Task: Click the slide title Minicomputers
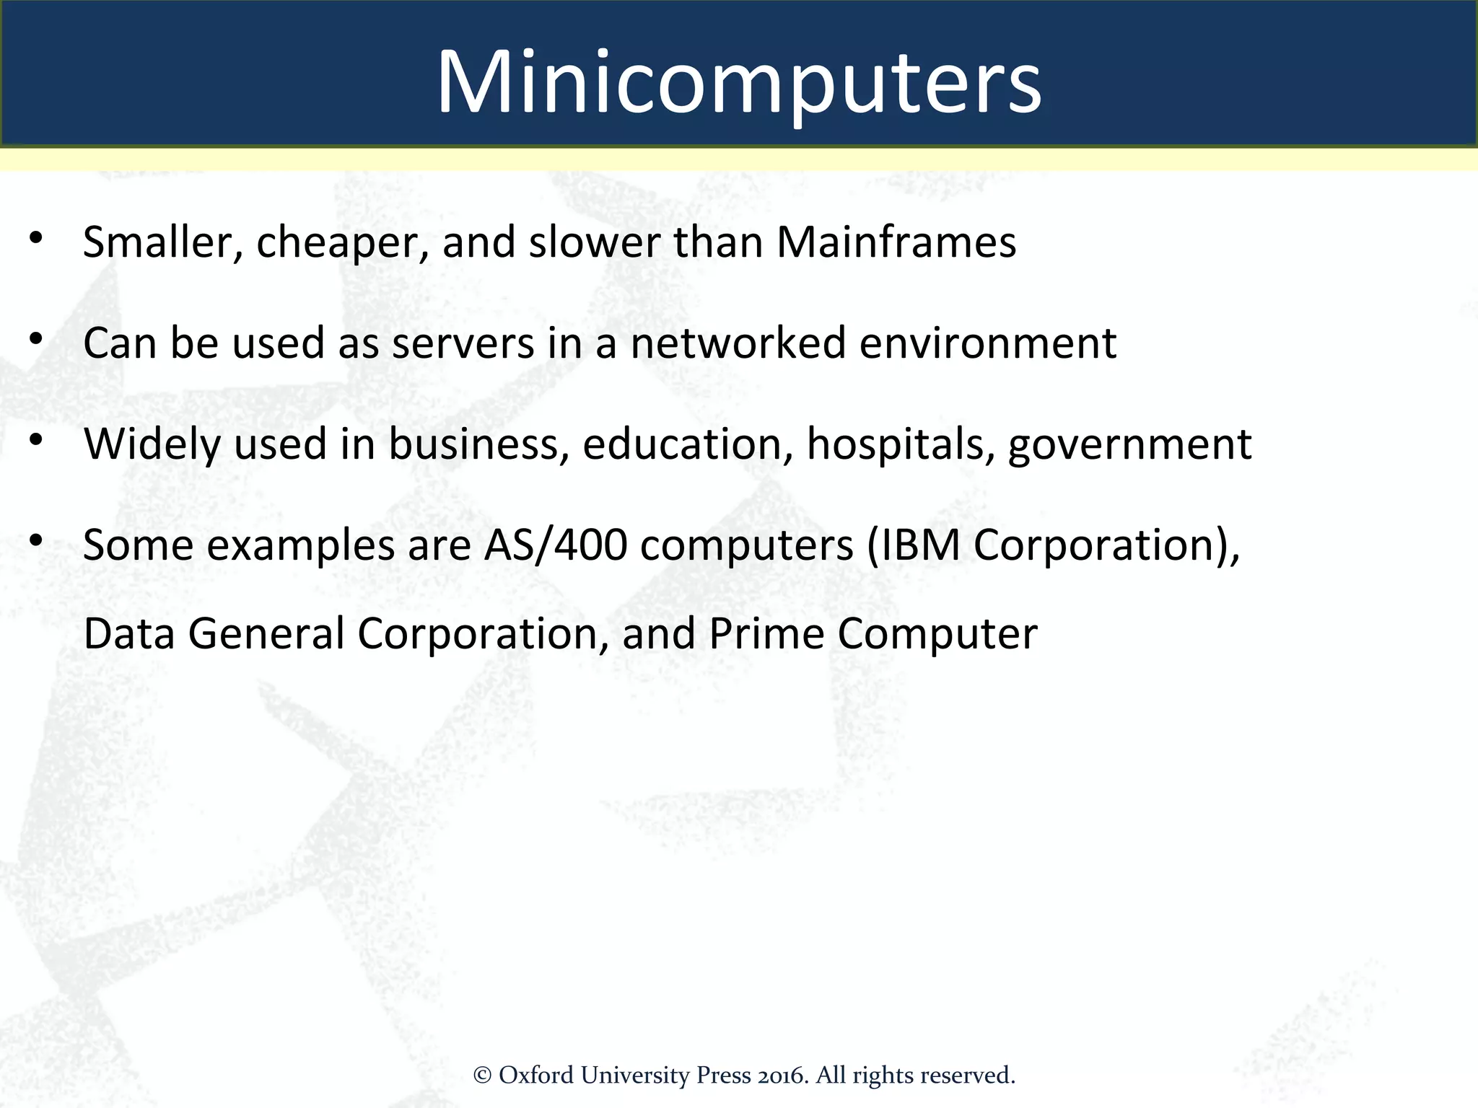[739, 82]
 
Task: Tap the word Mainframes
[896, 242]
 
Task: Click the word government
[1129, 446]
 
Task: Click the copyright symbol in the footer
[482, 1076]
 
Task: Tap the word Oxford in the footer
[536, 1076]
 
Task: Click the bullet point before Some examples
[37, 540]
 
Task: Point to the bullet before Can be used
[37, 338]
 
